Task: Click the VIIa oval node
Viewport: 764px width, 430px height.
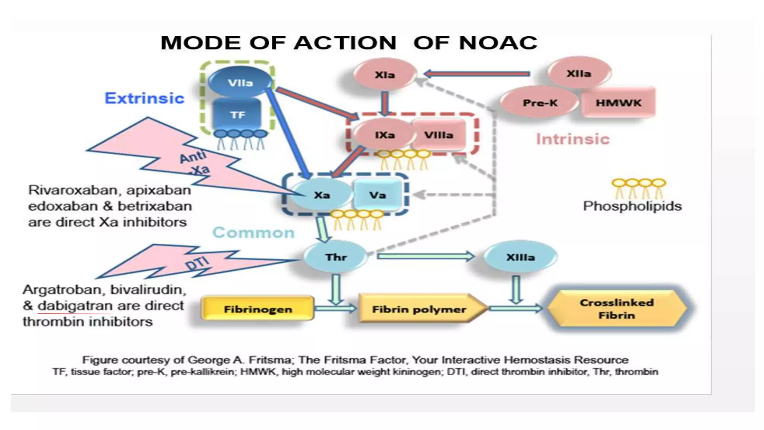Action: [240, 82]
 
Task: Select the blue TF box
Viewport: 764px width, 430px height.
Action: [238, 114]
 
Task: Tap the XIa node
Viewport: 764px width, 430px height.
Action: [385, 75]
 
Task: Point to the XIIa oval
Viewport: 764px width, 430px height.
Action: [579, 73]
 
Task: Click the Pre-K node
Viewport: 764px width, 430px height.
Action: [539, 103]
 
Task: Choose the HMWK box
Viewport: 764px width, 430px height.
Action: [618, 103]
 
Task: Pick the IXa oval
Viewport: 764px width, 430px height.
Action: [384, 135]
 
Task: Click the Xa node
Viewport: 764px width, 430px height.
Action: [322, 194]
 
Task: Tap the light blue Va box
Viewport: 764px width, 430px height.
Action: [377, 194]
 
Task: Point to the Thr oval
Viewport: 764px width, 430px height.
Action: [336, 257]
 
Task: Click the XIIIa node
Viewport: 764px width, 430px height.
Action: [520, 257]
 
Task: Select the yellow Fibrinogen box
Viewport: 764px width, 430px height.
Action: [258, 309]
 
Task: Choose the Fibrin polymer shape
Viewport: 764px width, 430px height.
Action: [419, 309]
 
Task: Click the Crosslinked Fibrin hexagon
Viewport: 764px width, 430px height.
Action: [617, 309]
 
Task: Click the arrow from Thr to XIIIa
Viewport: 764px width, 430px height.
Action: [425, 256]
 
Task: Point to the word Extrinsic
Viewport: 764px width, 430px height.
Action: [144, 98]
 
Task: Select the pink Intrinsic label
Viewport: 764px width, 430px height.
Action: [573, 139]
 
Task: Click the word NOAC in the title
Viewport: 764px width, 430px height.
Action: [498, 43]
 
